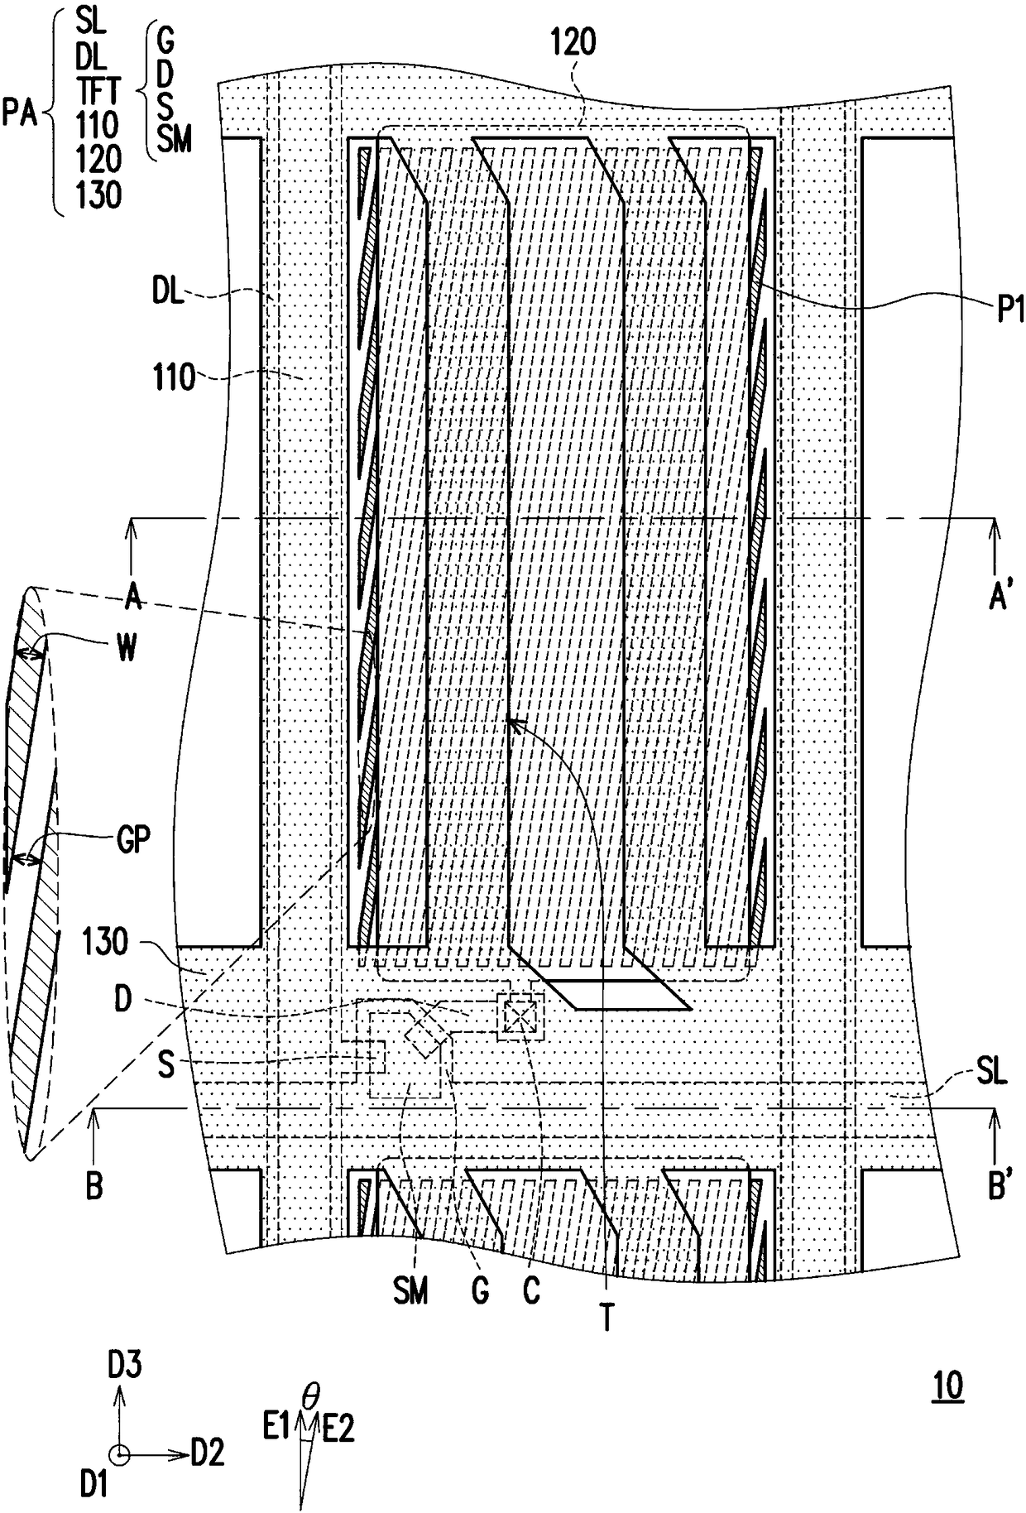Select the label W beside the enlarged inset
[x=125, y=648]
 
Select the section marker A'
[x=1000, y=597]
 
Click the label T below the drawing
[x=606, y=1317]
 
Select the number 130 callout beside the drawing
[x=105, y=942]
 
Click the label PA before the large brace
[x=19, y=112]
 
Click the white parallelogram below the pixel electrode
[x=620, y=995]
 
